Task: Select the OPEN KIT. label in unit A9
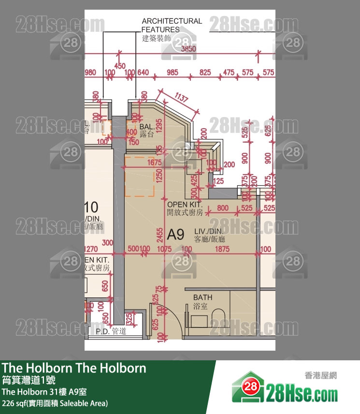click(x=184, y=208)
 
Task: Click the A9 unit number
click(x=176, y=235)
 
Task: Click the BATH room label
click(x=202, y=301)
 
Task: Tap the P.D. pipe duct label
click(x=111, y=331)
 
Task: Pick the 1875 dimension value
click(x=222, y=249)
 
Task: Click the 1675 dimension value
click(x=155, y=164)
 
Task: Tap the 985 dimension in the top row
click(x=173, y=73)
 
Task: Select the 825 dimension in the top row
click(x=205, y=73)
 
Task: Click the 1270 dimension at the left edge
click(x=91, y=250)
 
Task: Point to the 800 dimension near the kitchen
click(x=223, y=208)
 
